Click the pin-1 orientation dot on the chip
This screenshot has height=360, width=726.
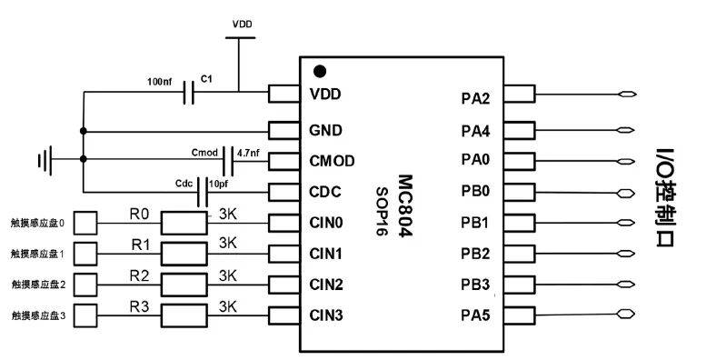[x=320, y=71]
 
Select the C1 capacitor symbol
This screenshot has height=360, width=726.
[x=189, y=92]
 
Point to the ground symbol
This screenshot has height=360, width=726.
[x=45, y=160]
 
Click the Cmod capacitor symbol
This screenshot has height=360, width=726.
[x=228, y=161]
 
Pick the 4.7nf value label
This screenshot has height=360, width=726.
[x=248, y=152]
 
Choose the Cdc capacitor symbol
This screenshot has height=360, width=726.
[x=203, y=192]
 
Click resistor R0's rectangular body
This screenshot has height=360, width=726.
[x=184, y=224]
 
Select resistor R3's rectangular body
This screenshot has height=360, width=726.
[x=184, y=315]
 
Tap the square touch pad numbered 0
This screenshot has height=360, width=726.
[x=85, y=223]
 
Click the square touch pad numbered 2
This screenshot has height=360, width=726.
[x=85, y=285]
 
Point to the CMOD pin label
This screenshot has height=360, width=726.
[x=332, y=161]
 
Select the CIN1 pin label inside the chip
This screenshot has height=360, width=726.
[x=326, y=254]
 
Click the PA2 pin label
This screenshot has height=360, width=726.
[x=475, y=99]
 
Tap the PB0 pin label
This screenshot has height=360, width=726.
[x=475, y=191]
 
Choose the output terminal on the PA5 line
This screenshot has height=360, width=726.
[x=625, y=315]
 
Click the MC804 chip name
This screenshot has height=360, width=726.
[x=404, y=206]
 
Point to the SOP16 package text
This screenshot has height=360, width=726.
[x=382, y=211]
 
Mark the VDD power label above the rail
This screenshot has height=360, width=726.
[x=243, y=25]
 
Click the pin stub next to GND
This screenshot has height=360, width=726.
[x=283, y=131]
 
